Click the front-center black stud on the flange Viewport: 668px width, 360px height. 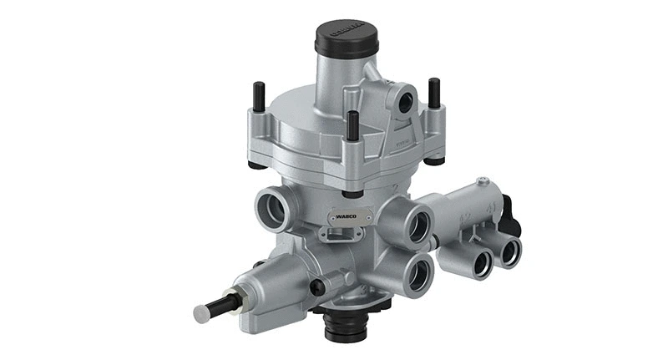point(353,125)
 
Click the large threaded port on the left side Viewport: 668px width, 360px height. point(273,208)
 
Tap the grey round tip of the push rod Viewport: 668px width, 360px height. point(202,313)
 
